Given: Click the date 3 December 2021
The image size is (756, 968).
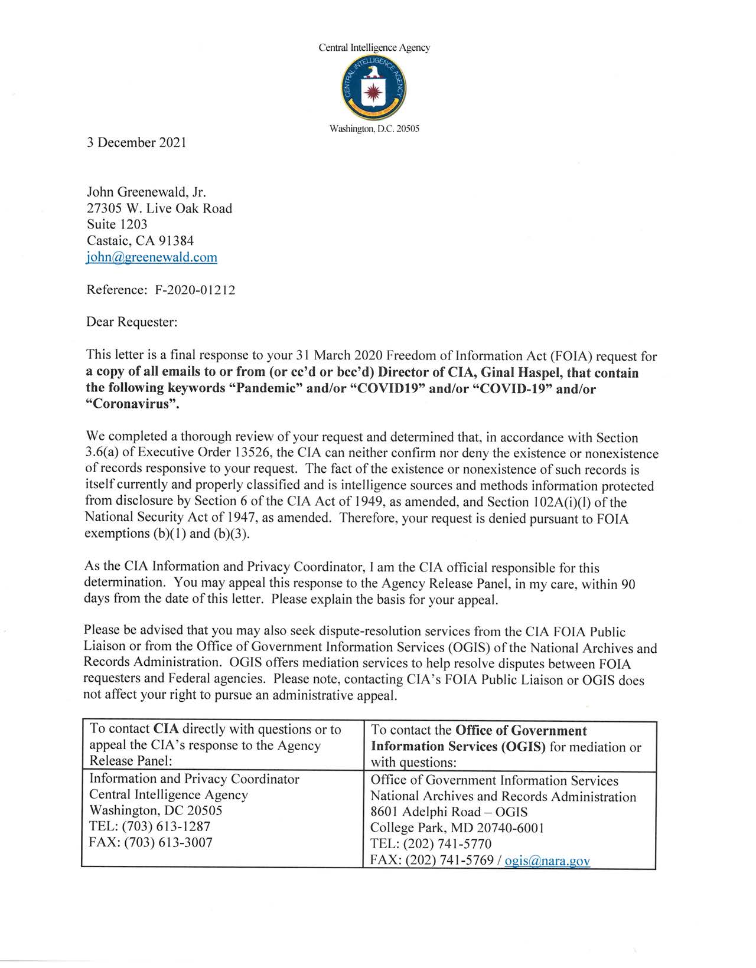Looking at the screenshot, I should point(136,142).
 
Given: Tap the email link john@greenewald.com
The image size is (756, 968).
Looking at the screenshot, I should point(152,257).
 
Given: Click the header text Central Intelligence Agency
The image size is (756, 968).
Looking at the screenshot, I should point(374,48).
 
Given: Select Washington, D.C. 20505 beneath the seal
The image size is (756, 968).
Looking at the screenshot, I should point(374,129).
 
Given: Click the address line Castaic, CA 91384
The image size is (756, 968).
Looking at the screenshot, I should point(140,241).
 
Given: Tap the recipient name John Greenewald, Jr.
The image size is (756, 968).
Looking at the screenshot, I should point(146,192).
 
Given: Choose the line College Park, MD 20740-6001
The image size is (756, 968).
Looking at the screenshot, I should point(457,828).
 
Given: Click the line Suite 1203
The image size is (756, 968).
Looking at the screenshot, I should point(117,224).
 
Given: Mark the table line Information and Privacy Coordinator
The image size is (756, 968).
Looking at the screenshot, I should point(194,779).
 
